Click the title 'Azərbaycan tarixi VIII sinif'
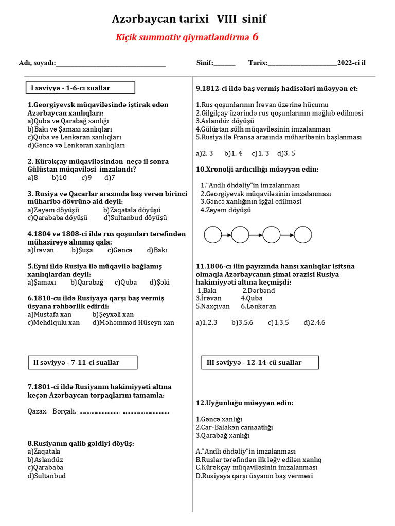189,20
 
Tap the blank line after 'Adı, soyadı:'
111,64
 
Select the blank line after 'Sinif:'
224,64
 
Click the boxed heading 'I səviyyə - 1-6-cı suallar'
71,88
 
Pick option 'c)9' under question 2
86,178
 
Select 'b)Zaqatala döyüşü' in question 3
132,210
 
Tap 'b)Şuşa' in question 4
82,250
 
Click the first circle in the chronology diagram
212,235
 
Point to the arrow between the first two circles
227,235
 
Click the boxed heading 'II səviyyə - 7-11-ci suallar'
76,363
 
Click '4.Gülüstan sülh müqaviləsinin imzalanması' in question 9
263,129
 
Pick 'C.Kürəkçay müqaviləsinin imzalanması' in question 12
257,467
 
